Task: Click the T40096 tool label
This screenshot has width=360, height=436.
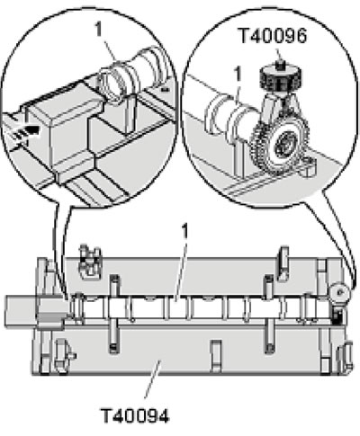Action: pyautogui.click(x=273, y=36)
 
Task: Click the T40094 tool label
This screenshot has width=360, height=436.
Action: pyautogui.click(x=135, y=415)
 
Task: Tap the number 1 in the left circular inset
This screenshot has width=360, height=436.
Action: pyautogui.click(x=99, y=30)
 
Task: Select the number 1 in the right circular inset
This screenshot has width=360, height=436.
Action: pyautogui.click(x=238, y=74)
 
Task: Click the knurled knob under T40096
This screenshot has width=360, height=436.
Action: pyautogui.click(x=280, y=78)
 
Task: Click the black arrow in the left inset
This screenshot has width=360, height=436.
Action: pyautogui.click(x=29, y=132)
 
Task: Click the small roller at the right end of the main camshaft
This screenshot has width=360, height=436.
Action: pyautogui.click(x=339, y=290)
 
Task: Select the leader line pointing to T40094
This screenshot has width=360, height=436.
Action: pyautogui.click(x=152, y=379)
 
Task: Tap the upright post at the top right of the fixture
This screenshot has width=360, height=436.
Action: pyautogui.click(x=283, y=263)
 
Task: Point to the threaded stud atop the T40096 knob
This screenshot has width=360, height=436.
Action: pyautogui.click(x=279, y=64)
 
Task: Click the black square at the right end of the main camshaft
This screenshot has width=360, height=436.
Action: pyautogui.click(x=337, y=317)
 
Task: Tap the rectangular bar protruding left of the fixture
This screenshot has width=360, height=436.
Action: pyautogui.click(x=22, y=311)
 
